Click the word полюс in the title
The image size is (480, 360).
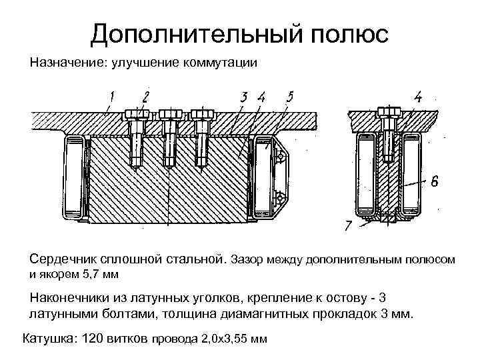[342, 33]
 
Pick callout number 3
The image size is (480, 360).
[244, 97]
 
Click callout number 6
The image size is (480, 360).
[434, 181]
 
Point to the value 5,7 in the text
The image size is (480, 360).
[89, 273]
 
